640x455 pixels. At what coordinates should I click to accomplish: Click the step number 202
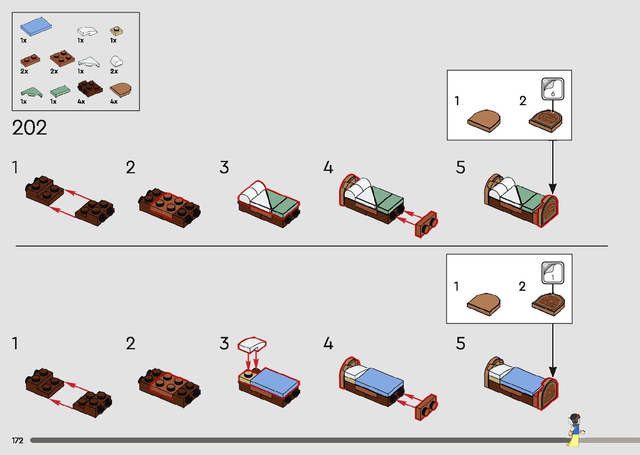(x=29, y=127)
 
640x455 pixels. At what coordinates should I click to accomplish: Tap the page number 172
(x=18, y=440)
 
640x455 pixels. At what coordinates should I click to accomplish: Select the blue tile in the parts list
(x=36, y=27)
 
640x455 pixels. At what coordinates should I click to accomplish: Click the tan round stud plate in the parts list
(x=116, y=31)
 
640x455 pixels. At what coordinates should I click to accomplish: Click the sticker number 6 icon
(x=553, y=89)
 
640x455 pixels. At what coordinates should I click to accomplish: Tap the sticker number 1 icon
(x=553, y=272)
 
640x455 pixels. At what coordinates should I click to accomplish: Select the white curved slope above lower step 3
(x=252, y=345)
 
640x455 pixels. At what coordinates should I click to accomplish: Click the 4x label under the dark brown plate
(x=81, y=102)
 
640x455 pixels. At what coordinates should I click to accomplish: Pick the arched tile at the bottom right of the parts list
(x=120, y=90)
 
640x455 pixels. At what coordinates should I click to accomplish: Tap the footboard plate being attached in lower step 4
(x=426, y=407)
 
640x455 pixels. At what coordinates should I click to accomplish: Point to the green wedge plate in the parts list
(x=31, y=92)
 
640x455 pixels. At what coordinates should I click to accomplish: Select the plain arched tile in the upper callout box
(x=484, y=120)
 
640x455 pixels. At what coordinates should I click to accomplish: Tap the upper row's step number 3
(x=224, y=168)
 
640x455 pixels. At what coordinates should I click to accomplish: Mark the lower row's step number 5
(x=460, y=344)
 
